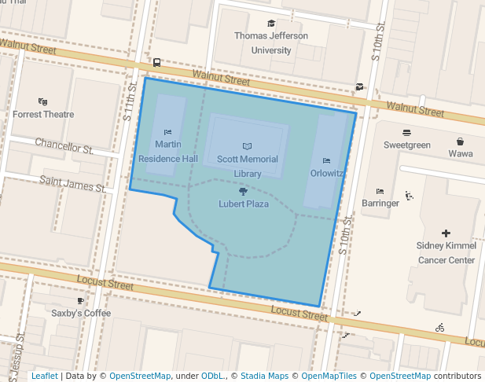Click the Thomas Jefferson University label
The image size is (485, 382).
point(270,43)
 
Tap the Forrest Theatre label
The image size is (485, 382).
point(43,114)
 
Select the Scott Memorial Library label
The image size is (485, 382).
point(248,166)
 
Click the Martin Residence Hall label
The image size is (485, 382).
point(167,151)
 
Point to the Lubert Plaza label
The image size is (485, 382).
point(243,204)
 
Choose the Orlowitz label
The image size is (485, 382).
point(327,173)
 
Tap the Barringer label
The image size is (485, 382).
point(380,203)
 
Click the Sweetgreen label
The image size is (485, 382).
point(406,145)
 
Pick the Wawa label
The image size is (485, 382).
point(461,153)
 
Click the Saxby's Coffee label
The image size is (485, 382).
point(81,313)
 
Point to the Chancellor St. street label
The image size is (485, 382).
point(64,146)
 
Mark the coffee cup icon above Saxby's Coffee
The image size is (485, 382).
point(80,300)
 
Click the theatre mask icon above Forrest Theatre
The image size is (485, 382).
point(42,101)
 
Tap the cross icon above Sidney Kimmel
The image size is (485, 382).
point(446,233)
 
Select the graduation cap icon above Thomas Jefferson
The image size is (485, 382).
point(271,24)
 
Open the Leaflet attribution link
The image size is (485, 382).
point(44,376)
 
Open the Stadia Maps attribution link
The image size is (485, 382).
point(265,376)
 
